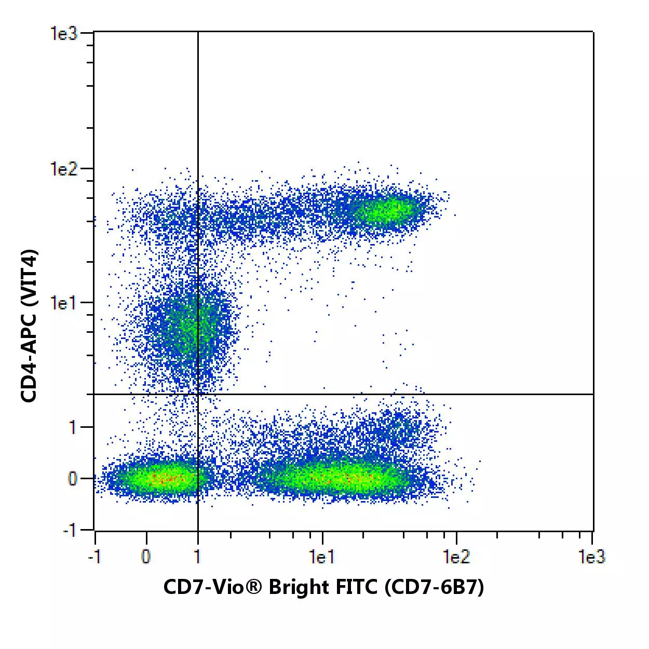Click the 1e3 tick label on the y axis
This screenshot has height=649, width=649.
(63, 34)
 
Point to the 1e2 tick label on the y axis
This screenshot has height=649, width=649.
(63, 169)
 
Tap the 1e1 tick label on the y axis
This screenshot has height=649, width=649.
(63, 303)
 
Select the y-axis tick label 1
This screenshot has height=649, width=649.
(73, 427)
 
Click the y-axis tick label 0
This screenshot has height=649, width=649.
(73, 478)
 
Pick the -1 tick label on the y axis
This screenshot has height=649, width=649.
(70, 530)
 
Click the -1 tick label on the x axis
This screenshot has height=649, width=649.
(94, 557)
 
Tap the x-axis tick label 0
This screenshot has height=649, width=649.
(146, 557)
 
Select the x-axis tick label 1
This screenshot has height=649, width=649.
(197, 557)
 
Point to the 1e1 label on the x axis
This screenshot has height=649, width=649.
(322, 557)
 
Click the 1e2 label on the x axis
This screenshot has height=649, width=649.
(456, 557)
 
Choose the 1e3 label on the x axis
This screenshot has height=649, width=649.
(591, 557)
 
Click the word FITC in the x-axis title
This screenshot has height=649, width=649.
(350, 587)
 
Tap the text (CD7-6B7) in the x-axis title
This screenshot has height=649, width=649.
(434, 587)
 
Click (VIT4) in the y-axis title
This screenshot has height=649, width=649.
(29, 279)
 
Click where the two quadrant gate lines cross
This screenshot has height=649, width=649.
(198, 394)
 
